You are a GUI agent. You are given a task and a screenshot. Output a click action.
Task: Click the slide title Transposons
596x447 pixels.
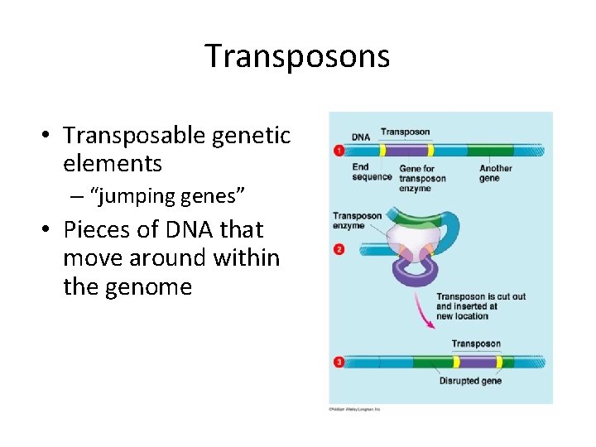pyautogui.click(x=297, y=56)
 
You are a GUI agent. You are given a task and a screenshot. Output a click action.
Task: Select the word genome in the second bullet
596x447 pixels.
pyautogui.click(x=152, y=286)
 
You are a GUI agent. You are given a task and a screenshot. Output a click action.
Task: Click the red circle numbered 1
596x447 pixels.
pyautogui.click(x=338, y=151)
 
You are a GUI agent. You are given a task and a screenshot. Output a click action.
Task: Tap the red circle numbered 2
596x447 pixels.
pyautogui.click(x=338, y=249)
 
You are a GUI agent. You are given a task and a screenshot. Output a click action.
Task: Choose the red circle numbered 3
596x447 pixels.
pyautogui.click(x=338, y=362)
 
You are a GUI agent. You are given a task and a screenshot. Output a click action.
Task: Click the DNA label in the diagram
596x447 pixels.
pyautogui.click(x=360, y=137)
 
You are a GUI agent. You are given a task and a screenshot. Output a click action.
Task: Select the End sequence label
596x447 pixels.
pyautogui.click(x=371, y=172)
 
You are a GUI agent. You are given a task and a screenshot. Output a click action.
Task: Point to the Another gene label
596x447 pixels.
pyautogui.click(x=495, y=173)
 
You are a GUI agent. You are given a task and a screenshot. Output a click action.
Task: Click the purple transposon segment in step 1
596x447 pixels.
pyautogui.click(x=406, y=151)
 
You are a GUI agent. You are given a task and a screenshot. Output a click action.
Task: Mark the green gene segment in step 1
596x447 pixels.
pyautogui.click(x=489, y=151)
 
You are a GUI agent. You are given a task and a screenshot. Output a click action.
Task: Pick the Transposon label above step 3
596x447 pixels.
pyautogui.click(x=475, y=344)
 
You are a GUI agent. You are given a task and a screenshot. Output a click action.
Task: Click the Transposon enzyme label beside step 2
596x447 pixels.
pyautogui.click(x=357, y=221)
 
